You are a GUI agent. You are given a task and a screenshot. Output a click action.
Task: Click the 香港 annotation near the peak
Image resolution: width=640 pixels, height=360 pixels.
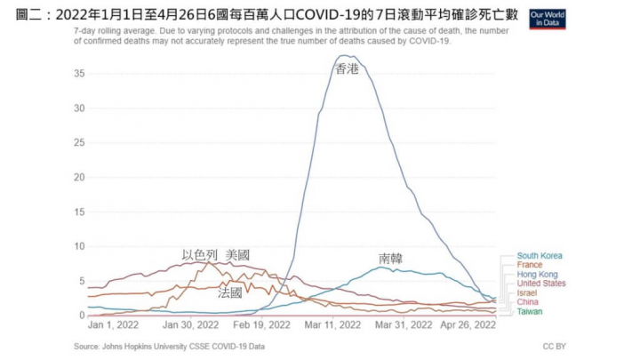click(x=347, y=68)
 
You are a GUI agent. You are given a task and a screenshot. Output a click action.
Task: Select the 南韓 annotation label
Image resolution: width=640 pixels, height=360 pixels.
click(x=391, y=259)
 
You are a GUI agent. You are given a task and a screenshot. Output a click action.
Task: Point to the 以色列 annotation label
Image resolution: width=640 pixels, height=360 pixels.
click(x=199, y=255)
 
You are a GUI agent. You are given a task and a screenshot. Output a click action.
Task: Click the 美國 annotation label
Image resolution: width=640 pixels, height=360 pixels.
click(x=238, y=255)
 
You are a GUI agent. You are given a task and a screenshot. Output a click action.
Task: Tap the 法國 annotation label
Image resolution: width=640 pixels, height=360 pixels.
click(x=230, y=292)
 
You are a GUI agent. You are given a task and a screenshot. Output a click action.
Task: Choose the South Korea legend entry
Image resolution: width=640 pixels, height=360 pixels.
click(x=539, y=256)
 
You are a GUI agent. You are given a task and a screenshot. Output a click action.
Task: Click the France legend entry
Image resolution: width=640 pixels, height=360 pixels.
click(x=529, y=265)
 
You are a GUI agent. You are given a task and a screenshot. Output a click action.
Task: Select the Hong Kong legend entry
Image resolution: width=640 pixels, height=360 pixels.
click(x=536, y=275)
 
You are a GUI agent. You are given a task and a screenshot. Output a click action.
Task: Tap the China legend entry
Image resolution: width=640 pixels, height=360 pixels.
click(x=528, y=302)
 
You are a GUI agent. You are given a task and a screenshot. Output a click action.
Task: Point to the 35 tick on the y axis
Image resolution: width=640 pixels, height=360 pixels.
click(x=79, y=75)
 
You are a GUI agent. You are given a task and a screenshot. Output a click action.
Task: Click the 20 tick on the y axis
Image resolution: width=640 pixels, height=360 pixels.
click(x=79, y=178)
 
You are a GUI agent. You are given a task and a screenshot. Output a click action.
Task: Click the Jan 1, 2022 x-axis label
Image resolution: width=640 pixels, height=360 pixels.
click(x=113, y=326)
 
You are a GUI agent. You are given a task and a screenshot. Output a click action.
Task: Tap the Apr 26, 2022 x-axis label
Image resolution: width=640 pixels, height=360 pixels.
click(x=470, y=326)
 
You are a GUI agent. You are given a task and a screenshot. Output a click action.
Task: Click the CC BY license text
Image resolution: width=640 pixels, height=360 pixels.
click(x=555, y=346)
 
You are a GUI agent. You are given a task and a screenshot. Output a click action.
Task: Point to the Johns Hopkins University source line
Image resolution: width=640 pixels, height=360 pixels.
click(x=169, y=346)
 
